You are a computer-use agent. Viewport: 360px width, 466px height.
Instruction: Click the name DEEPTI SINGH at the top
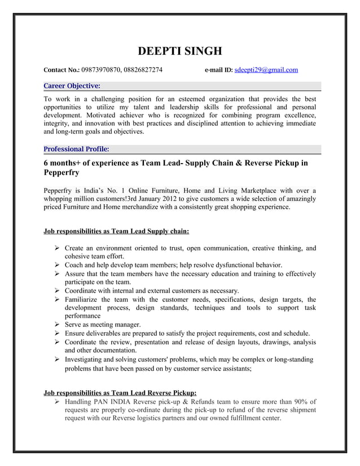pos(180,51)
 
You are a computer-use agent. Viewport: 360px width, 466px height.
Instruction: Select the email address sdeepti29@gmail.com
pos(266,71)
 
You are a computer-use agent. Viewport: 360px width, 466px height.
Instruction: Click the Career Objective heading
pos(72,86)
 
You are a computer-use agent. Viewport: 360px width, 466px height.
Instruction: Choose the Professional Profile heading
pos(76,150)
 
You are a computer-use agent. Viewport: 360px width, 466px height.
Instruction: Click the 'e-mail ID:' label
pos(217,71)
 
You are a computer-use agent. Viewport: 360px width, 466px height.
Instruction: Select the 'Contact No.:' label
pos(62,71)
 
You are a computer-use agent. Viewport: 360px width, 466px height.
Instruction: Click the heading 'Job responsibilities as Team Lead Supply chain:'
pos(116,231)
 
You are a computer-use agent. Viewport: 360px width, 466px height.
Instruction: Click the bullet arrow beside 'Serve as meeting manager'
pos(58,324)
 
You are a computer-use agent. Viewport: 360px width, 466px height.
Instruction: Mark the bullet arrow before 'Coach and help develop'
pos(58,265)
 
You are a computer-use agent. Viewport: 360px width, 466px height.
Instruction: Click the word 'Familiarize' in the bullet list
pos(84,299)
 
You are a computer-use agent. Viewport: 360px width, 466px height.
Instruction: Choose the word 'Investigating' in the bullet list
pos(87,359)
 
